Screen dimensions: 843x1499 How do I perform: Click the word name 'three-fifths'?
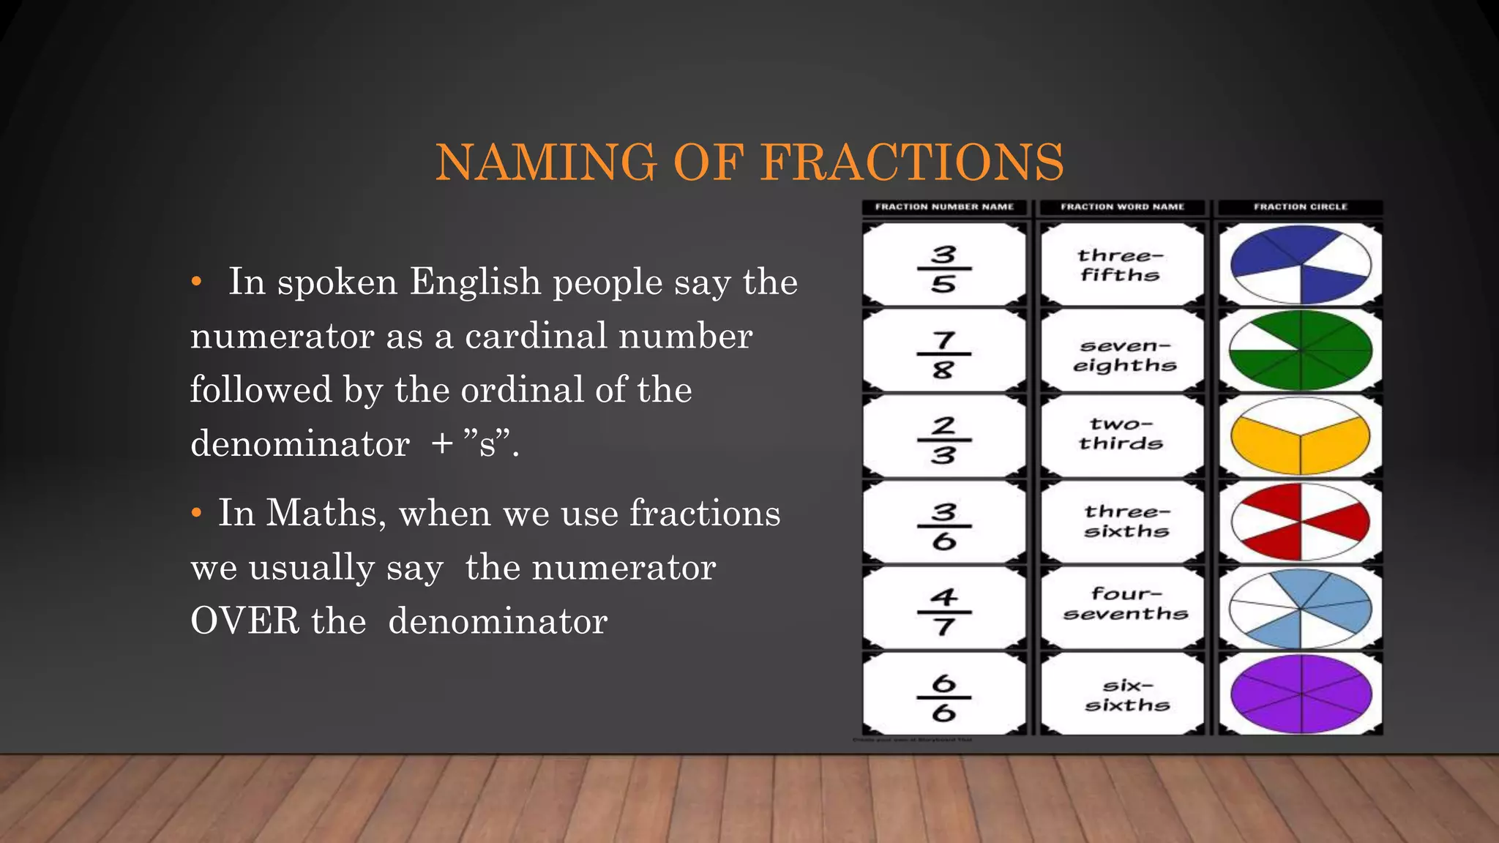coord(1121,265)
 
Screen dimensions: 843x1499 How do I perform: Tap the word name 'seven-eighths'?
coord(1124,355)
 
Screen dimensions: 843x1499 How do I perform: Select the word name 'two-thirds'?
coord(1121,434)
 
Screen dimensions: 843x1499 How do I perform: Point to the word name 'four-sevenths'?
coord(1125,604)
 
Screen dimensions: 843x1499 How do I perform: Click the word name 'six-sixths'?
coord(1127,695)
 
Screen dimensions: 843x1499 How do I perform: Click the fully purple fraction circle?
coord(1301,694)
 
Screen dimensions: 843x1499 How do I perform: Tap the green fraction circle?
coord(1301,351)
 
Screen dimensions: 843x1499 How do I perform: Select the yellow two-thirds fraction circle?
coord(1301,437)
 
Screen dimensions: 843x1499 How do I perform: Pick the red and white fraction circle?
coord(1301,522)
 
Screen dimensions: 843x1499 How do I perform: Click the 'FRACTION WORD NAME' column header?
coord(1122,207)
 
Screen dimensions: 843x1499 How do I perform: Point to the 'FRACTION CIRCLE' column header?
coord(1300,207)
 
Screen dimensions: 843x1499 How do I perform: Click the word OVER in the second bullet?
coord(245,621)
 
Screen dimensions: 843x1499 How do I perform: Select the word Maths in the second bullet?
coord(326,513)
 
